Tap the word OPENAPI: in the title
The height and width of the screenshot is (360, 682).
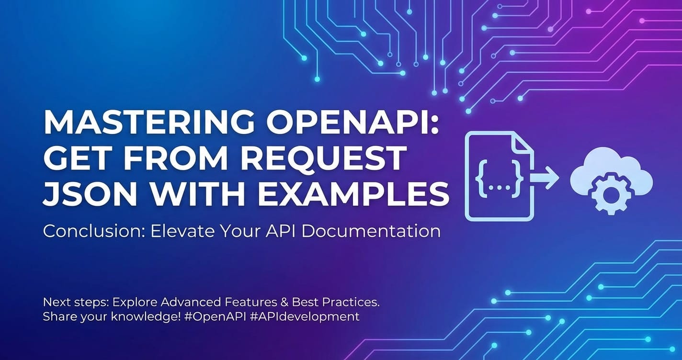353,122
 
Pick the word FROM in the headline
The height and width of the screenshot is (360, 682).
174,158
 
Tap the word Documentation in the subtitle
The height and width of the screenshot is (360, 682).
371,231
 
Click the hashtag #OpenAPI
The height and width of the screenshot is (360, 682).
215,317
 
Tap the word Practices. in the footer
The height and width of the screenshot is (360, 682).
351,302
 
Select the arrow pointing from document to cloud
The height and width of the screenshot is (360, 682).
545,178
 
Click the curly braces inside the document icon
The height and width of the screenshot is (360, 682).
500,178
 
